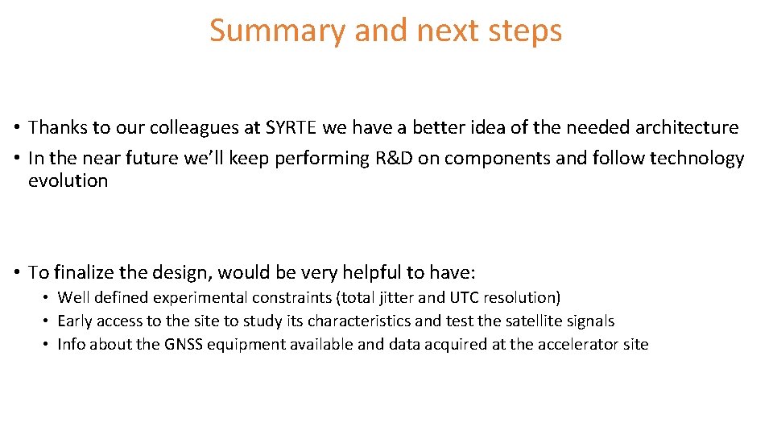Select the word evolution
point(68,180)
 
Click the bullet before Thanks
point(16,128)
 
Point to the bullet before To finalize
point(16,273)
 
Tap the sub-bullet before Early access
point(47,321)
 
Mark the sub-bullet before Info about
point(47,345)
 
